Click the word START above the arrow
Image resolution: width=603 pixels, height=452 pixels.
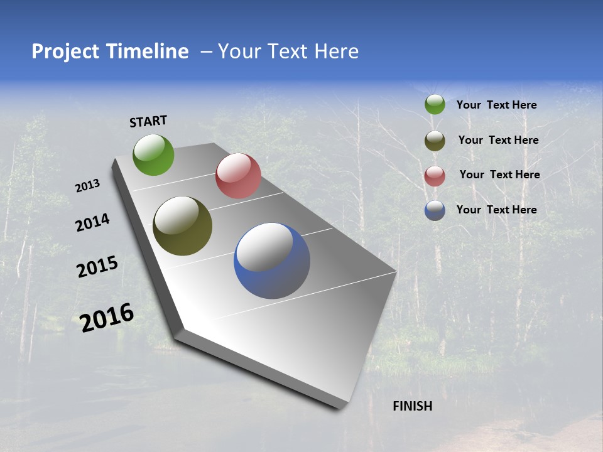pos(148,121)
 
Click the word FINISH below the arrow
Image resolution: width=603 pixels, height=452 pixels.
pos(412,406)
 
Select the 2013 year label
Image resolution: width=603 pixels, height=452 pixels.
pos(88,186)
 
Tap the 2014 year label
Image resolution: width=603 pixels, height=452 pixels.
pos(92,222)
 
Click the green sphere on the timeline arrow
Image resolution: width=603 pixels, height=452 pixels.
pos(153,154)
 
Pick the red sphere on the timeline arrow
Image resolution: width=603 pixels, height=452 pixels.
pos(238,176)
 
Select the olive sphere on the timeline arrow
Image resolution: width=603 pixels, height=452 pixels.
pos(182,226)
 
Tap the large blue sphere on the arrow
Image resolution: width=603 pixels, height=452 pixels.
pos(272,261)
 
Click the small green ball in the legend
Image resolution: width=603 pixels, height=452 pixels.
pos(435,105)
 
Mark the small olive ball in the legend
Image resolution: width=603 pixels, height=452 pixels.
pos(435,141)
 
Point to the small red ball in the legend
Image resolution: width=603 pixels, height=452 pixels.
pos(435,176)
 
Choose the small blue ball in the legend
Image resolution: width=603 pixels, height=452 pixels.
pos(435,210)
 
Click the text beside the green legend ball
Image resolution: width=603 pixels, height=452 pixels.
pos(496,105)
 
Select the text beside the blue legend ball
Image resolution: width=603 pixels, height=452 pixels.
pos(496,210)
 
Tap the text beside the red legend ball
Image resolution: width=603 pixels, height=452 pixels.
pos(499,175)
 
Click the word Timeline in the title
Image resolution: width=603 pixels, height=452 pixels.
pos(148,51)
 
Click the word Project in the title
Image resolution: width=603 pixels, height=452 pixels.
pos(64,51)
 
